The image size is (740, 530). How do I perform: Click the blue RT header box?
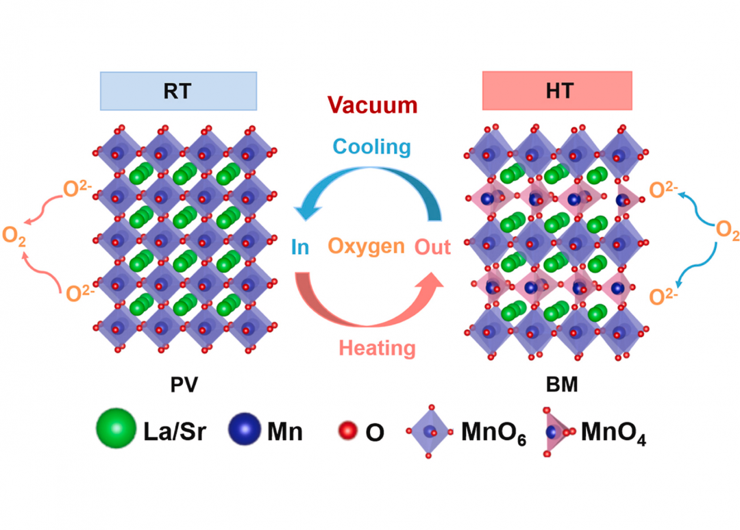click(x=178, y=90)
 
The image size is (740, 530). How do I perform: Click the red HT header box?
click(x=557, y=90)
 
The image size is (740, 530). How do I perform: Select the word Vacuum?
click(x=372, y=105)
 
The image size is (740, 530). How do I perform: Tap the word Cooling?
click(x=371, y=147)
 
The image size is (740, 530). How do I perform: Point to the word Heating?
click(x=377, y=348)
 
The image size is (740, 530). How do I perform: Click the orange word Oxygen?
click(x=367, y=246)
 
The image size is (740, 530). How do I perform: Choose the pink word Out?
click(x=433, y=247)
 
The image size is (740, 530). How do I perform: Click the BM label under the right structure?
click(x=563, y=385)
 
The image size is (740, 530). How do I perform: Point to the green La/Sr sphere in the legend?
click(x=116, y=429)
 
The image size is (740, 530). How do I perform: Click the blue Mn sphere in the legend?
click(x=245, y=429)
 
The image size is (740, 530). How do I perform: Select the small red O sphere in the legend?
click(x=348, y=431)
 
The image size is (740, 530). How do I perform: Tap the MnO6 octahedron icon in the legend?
click(x=429, y=431)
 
